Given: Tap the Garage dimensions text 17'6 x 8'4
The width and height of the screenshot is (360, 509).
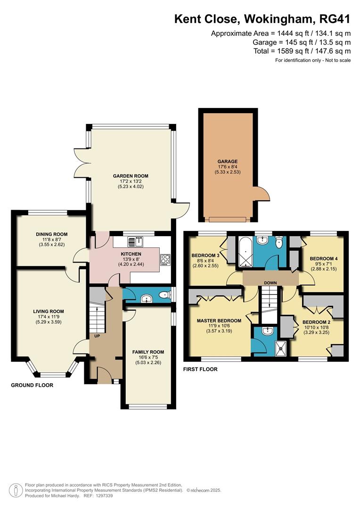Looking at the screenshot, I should (x=228, y=167).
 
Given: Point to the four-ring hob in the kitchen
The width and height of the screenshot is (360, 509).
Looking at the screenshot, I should (x=166, y=260).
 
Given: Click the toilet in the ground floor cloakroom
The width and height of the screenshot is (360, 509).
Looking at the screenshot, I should (x=163, y=296).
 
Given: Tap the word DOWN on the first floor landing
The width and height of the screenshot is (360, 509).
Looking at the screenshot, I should (x=270, y=283).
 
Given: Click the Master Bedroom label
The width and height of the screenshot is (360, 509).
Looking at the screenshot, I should (x=219, y=320).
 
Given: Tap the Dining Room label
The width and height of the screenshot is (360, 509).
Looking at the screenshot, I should (x=51, y=234).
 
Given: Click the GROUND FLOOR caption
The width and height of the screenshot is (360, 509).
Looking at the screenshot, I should (x=32, y=385).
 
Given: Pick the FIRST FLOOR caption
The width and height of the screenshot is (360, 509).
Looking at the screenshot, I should (x=200, y=369).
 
